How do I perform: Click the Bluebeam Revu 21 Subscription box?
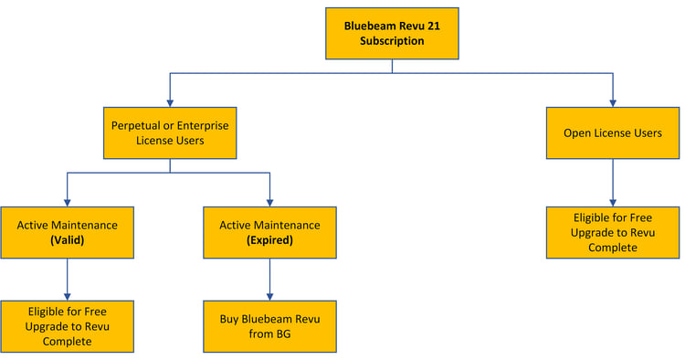tap(392, 33)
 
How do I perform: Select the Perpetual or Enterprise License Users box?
tap(170, 132)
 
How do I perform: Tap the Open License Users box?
tap(612, 133)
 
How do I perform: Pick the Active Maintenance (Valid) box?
tap(67, 232)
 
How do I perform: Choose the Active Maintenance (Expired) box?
tap(269, 232)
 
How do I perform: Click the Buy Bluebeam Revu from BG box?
tap(269, 326)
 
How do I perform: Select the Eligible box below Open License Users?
tap(612, 232)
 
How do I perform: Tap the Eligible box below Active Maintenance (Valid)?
tap(67, 326)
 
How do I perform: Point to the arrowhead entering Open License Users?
tap(612, 101)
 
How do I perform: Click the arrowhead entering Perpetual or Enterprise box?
tap(170, 101)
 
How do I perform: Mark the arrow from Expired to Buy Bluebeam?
tap(269, 279)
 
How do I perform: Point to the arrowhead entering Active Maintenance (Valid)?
tap(67, 201)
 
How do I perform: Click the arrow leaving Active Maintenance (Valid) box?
tap(67, 279)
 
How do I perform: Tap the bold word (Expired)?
tap(269, 240)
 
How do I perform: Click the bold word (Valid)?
tap(67, 240)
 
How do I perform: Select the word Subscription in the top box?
tap(392, 41)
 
